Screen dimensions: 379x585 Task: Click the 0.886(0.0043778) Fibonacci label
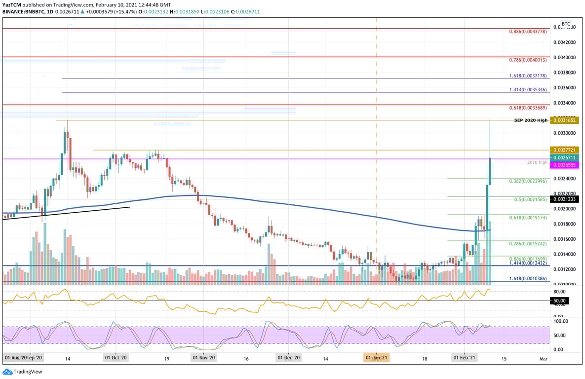click(527, 32)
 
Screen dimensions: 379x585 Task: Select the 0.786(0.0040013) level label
click(527, 60)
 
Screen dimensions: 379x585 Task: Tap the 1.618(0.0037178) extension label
click(527, 76)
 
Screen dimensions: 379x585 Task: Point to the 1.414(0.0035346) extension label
click(527, 90)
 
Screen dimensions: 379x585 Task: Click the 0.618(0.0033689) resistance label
click(527, 108)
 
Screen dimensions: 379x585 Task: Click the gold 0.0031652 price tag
click(565, 120)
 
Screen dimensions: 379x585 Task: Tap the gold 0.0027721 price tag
click(565, 150)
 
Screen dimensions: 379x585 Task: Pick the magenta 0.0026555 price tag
click(565, 165)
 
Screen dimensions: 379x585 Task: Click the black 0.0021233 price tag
click(565, 199)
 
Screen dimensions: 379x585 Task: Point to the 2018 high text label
click(537, 162)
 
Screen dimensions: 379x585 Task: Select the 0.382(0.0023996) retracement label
click(527, 181)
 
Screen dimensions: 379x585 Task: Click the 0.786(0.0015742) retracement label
click(527, 244)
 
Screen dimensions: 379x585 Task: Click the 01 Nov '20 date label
click(203, 357)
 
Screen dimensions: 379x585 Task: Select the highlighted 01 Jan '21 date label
click(377, 357)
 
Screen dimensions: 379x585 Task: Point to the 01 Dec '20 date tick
click(289, 357)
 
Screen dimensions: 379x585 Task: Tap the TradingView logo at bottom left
click(23, 372)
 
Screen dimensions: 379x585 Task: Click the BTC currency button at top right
click(566, 24)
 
